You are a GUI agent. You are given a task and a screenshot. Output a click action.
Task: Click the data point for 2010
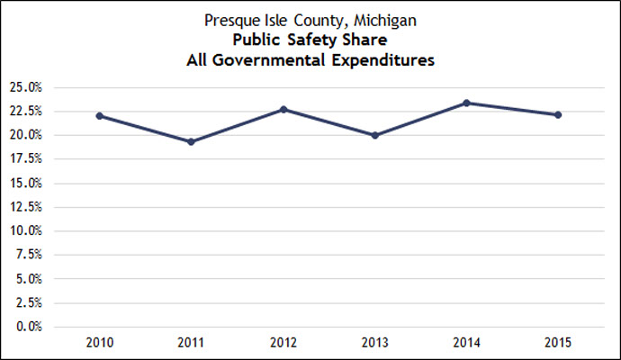point(99,116)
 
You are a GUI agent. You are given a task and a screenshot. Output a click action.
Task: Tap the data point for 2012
point(283,109)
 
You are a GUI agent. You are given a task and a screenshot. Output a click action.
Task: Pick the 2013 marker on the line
point(375,135)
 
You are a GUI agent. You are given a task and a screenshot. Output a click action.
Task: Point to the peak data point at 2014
point(466,103)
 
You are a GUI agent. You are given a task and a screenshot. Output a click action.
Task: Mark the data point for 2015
point(558,114)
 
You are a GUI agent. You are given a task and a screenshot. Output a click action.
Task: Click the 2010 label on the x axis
point(99,343)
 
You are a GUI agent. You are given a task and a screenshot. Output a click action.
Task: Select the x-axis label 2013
point(375,343)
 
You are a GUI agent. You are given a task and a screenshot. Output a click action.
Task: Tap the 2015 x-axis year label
point(558,343)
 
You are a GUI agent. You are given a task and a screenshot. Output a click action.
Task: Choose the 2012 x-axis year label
point(283,343)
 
